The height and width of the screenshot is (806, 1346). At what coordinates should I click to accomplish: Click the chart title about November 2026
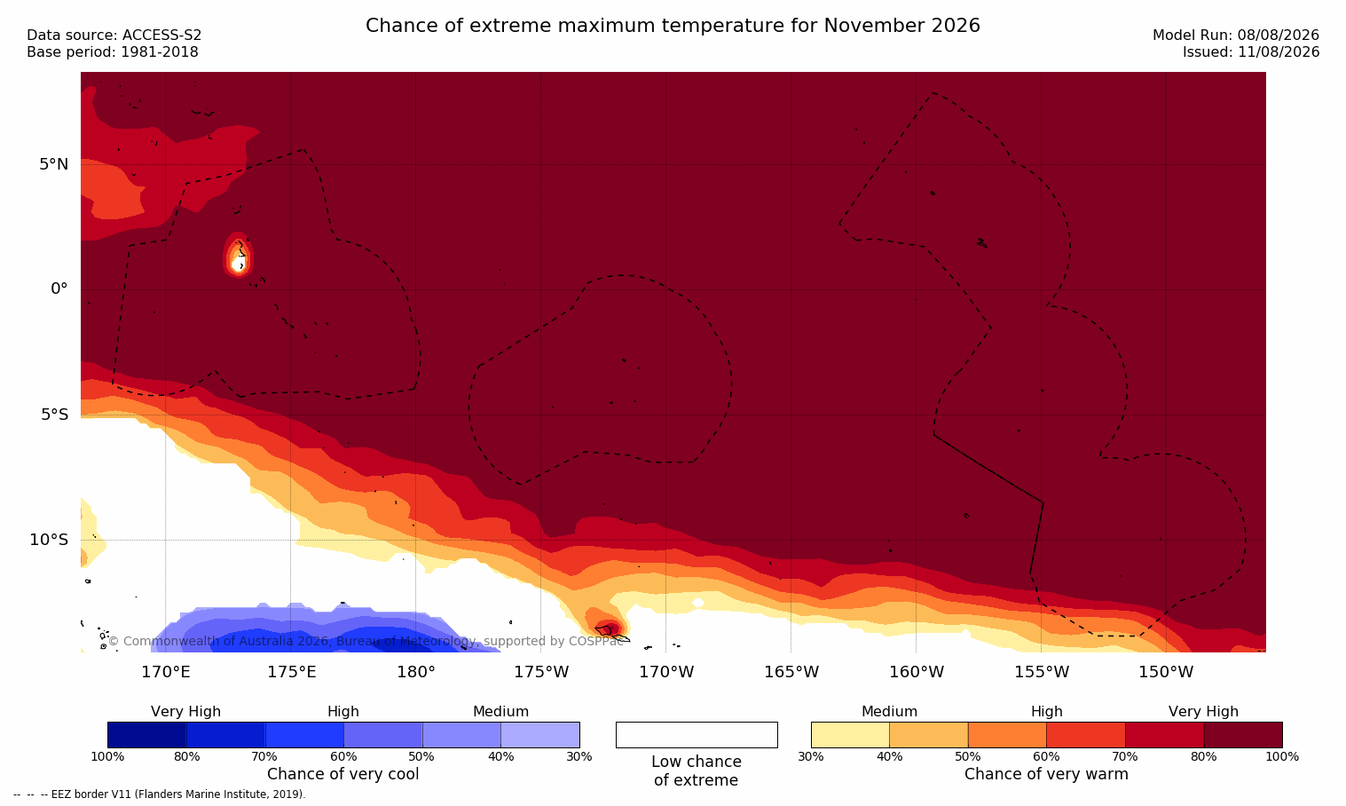[x=673, y=26]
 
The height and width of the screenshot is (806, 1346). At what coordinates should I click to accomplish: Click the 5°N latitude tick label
[x=53, y=164]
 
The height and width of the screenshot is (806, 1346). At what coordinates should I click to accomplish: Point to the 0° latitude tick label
[x=59, y=289]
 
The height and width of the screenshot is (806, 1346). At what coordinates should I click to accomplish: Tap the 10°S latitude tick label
[x=49, y=540]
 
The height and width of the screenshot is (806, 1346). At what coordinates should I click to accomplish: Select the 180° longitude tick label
[x=416, y=672]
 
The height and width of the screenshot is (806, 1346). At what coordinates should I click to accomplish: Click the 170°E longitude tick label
[x=166, y=672]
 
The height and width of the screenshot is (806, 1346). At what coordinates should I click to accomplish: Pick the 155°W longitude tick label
[x=1042, y=672]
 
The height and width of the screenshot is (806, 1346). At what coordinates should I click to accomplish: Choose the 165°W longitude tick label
[x=791, y=672]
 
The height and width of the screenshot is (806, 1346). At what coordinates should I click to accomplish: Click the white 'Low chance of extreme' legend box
[x=697, y=735]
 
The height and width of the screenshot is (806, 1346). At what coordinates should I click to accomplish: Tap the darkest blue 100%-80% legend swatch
[x=146, y=735]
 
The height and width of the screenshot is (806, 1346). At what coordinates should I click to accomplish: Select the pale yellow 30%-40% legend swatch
[x=850, y=735]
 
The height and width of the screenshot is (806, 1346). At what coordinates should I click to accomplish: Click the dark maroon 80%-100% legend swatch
[x=1243, y=735]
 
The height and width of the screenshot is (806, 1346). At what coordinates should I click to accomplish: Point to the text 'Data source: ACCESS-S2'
[x=114, y=36]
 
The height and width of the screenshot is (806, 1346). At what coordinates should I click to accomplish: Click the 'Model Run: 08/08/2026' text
[x=1235, y=36]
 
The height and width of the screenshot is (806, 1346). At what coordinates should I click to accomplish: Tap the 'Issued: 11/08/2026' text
[x=1251, y=52]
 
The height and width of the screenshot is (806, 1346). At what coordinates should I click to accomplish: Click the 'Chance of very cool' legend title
[x=343, y=774]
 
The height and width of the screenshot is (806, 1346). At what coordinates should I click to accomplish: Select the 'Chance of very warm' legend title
[x=1046, y=774]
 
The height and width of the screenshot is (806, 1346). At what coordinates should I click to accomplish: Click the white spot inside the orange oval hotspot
[x=238, y=265]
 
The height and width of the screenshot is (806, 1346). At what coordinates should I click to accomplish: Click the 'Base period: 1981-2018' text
[x=113, y=52]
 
